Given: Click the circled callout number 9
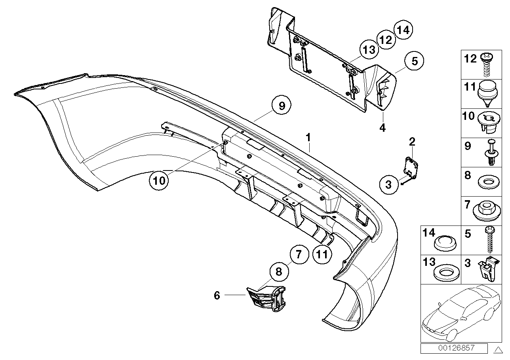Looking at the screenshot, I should (x=282, y=106).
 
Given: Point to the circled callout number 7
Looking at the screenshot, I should (x=299, y=254).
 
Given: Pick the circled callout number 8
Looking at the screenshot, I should (x=279, y=272).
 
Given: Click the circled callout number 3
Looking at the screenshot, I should (x=388, y=184).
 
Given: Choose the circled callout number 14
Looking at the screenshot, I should (x=403, y=29).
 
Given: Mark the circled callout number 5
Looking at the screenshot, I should (x=414, y=61).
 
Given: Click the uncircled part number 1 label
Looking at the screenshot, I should (x=309, y=138).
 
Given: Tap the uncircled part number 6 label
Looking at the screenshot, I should (x=217, y=295).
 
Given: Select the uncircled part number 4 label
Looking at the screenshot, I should (x=382, y=127).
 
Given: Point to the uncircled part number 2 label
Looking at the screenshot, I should (x=412, y=141).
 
